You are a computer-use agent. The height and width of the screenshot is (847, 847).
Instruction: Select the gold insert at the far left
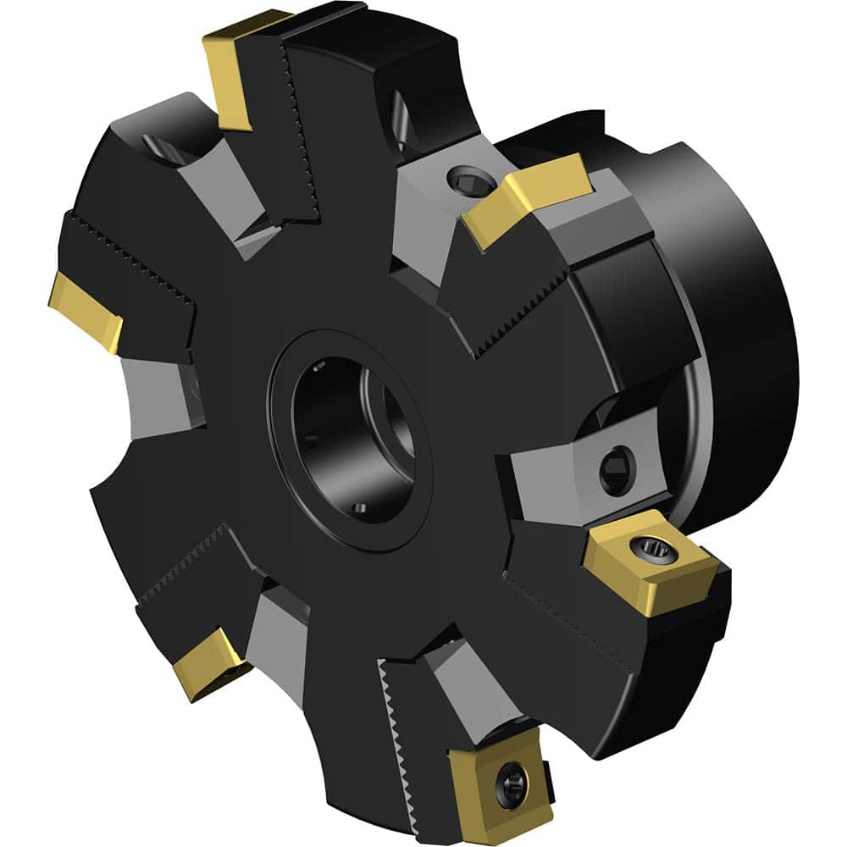coord(85,309)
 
